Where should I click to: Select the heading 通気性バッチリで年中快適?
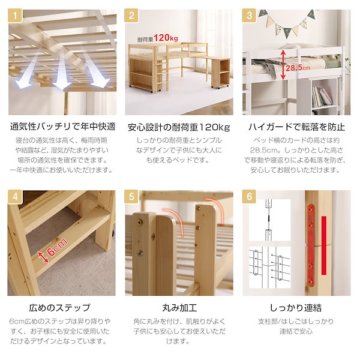[x=62, y=127]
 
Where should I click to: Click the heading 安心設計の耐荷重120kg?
[x=179, y=127]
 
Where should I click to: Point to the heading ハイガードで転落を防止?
[x=296, y=127]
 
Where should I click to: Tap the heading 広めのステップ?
[x=62, y=308]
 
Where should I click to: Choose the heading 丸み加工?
[x=179, y=308]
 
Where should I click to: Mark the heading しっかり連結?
[x=296, y=308]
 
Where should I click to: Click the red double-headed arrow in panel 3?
[x=281, y=65]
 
